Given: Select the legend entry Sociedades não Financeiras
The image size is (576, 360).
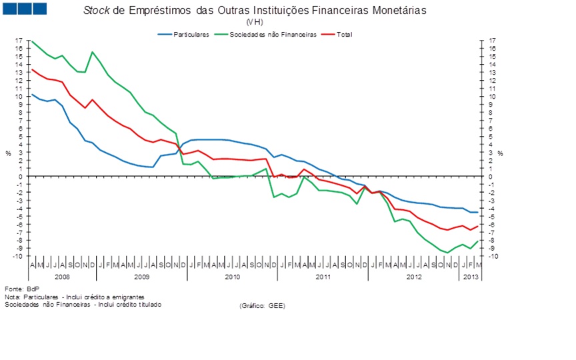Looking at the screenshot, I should point(273,33).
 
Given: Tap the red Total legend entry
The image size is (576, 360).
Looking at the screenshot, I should point(344,33).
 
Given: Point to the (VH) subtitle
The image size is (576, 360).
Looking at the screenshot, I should point(255,22).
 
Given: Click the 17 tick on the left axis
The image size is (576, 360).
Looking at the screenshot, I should point(20,41).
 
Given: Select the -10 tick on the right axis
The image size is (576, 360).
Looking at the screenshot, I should point(492,257).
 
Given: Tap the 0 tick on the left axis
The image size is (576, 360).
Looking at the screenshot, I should point(22,177).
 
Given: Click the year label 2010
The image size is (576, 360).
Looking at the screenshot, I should point(232,276).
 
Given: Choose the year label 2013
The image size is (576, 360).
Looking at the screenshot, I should point(469,276).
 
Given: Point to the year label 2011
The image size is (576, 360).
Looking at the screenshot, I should point(323,276).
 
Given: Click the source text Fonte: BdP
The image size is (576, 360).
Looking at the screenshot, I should point(18,289).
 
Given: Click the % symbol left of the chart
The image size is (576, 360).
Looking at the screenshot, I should point(9,153).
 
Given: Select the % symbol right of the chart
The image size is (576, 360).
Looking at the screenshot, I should point(499,153).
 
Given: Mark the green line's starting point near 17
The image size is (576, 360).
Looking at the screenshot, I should point(32,41).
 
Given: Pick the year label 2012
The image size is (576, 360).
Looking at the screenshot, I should point(414,276).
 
